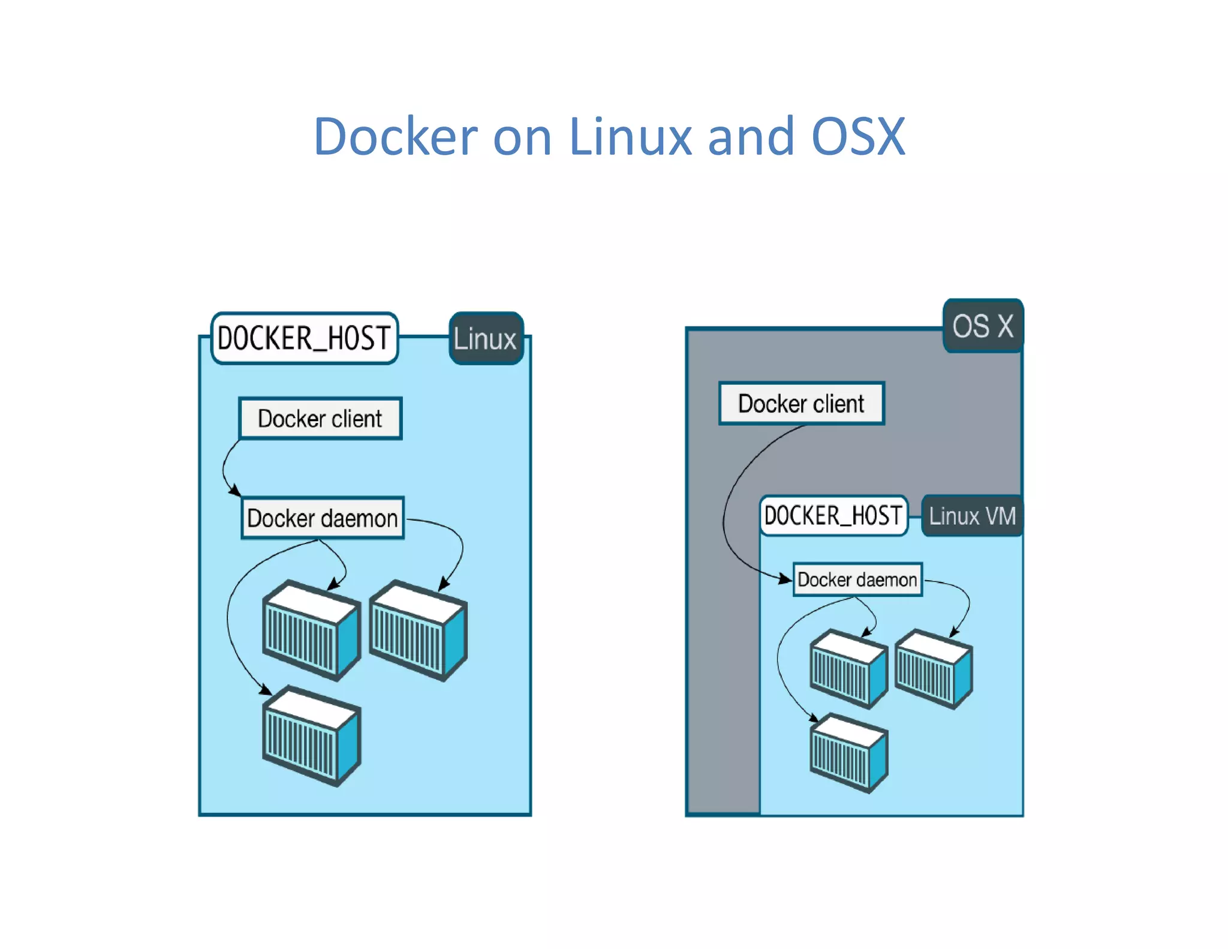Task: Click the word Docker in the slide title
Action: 395,137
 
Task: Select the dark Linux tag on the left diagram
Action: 486,339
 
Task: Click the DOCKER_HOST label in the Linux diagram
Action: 305,338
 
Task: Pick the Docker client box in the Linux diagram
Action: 320,419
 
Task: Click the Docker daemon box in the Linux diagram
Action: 323,518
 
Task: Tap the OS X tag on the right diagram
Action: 983,326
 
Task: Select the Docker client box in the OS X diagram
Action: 801,404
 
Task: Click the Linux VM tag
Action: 972,516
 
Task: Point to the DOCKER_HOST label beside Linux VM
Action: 833,516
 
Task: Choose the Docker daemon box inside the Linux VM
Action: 857,579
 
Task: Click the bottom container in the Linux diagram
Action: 311,736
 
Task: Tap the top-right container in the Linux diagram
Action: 418,630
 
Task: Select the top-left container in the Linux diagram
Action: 311,630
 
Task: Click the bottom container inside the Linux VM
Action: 848,753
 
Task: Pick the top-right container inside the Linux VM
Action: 934,669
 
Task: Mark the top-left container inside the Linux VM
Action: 848,669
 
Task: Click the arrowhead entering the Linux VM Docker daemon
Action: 785,579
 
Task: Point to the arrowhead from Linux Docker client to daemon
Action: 235,491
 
